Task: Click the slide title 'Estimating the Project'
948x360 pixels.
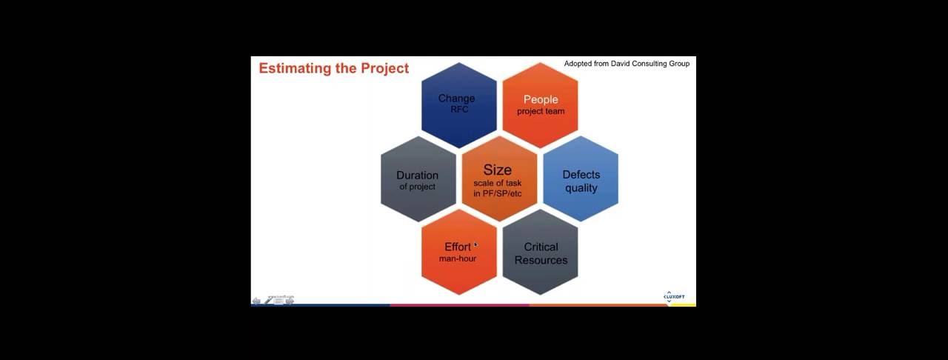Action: click(333, 68)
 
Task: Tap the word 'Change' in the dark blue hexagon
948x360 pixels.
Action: click(456, 98)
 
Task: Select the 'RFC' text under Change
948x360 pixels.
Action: click(459, 110)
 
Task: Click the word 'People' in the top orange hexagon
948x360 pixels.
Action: click(541, 99)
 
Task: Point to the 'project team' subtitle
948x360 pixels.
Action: click(541, 111)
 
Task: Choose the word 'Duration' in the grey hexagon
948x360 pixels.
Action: click(417, 175)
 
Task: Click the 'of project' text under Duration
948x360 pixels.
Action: click(418, 187)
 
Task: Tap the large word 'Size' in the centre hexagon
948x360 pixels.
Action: click(498, 170)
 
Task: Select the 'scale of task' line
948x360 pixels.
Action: click(498, 183)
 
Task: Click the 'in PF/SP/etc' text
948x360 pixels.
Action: click(498, 193)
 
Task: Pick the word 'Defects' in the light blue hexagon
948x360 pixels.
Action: click(581, 175)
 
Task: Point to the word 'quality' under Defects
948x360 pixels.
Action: click(581, 188)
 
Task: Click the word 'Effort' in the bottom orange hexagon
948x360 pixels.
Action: click(457, 247)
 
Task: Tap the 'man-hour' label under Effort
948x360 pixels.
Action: click(458, 259)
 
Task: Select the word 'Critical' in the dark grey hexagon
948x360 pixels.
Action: click(541, 247)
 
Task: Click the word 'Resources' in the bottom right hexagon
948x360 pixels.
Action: click(541, 260)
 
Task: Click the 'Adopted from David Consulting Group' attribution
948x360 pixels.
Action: click(627, 64)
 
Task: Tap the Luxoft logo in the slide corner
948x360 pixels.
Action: click(673, 296)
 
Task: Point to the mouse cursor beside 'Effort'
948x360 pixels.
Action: click(475, 245)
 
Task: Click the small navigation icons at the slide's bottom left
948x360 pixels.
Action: click(273, 300)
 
